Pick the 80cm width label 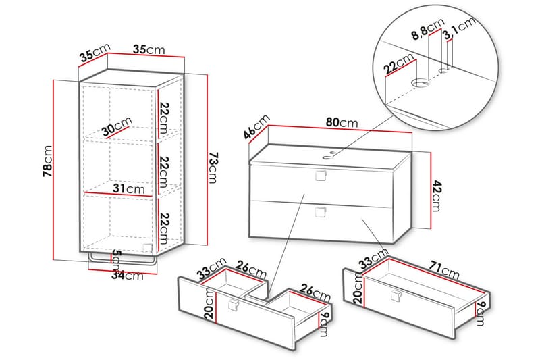tap(342, 123)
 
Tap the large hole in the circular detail tap(421, 84)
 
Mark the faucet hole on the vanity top tap(331, 154)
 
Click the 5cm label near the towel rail tap(115, 260)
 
